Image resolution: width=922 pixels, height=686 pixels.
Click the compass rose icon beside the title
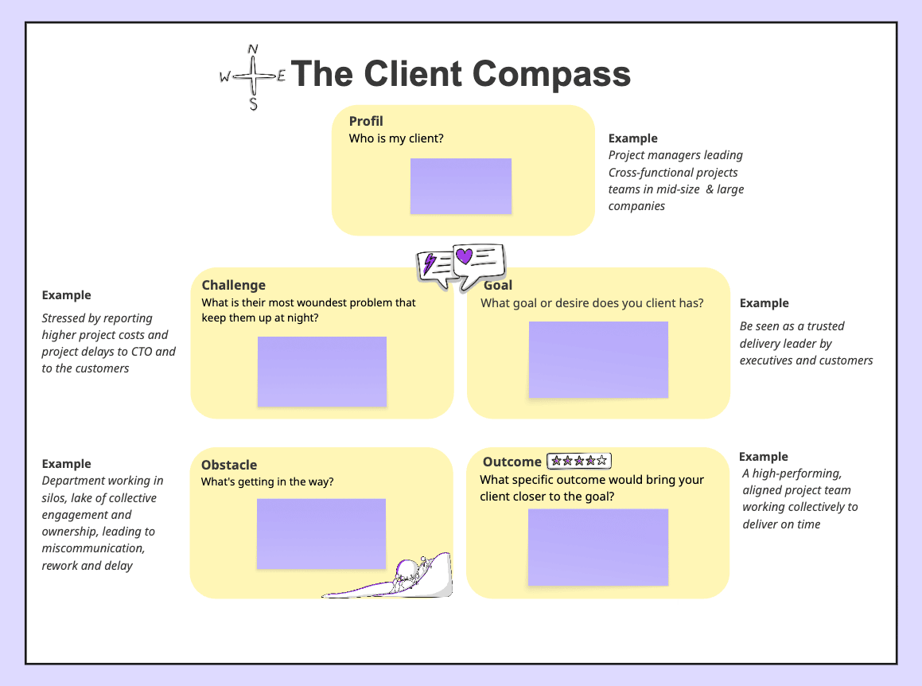253,77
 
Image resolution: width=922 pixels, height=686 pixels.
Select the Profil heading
366,121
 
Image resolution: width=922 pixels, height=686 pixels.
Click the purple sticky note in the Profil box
461,186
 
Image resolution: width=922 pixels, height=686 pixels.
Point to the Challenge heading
234,285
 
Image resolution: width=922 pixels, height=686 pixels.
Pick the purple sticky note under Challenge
321,372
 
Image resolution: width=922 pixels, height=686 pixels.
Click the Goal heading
499,285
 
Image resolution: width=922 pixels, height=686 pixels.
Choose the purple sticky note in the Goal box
598,359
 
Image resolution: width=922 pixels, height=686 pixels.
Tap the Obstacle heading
229,465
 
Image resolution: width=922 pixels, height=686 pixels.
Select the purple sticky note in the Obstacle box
321,533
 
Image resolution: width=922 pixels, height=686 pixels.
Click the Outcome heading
512,462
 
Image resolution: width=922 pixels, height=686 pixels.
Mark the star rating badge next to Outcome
579,461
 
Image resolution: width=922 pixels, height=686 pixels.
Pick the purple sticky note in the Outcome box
598,547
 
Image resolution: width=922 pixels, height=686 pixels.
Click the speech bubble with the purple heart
478,260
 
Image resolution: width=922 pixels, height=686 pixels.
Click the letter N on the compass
253,49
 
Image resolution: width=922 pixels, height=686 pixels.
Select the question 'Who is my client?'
396,138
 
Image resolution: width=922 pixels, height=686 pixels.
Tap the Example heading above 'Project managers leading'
633,138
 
